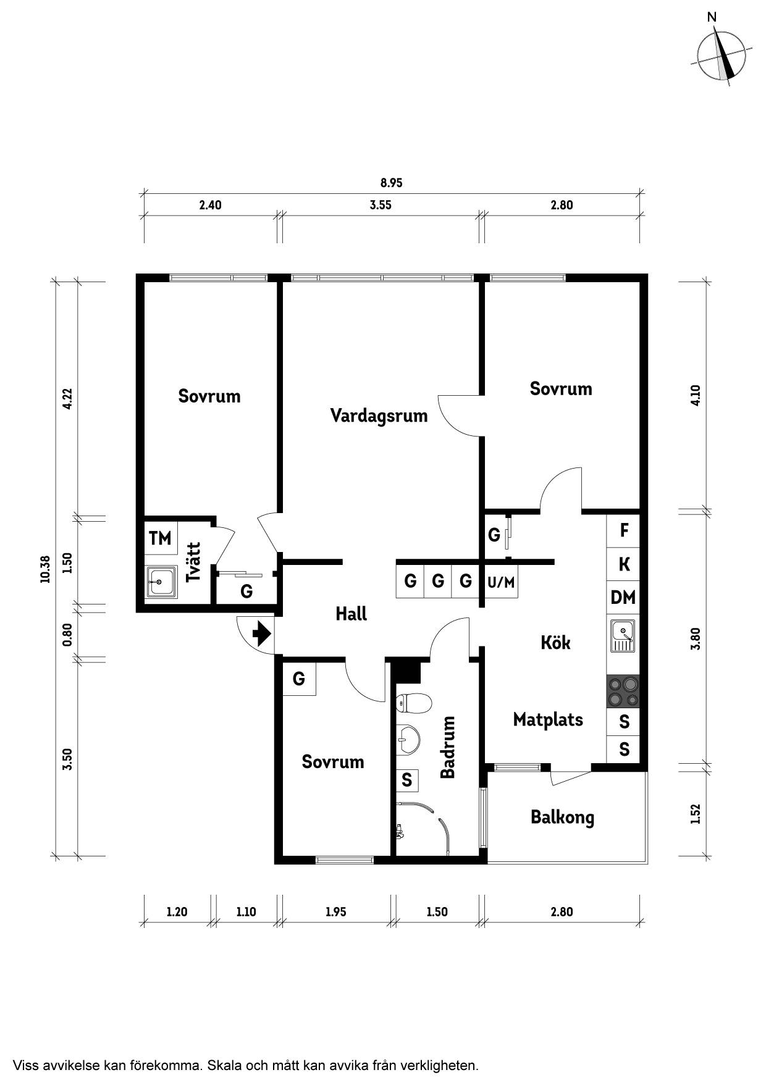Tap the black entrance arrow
[263, 633]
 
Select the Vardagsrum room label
[379, 416]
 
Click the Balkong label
[562, 817]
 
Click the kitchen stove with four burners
[623, 692]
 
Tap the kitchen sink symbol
[623, 636]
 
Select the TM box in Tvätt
[161, 538]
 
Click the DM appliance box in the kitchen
[623, 597]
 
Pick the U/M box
[501, 581]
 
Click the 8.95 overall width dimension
[391, 183]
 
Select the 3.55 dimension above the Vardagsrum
[381, 205]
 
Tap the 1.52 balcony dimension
[696, 814]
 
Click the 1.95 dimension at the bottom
[335, 911]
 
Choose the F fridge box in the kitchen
[623, 530]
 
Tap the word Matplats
[548, 720]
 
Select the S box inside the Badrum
[407, 780]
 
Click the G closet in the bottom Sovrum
[299, 679]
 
